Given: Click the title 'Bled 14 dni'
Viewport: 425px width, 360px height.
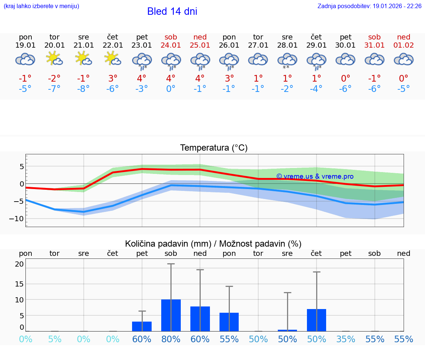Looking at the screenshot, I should coord(172,11).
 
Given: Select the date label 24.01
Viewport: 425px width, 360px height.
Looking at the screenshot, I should coord(171,45).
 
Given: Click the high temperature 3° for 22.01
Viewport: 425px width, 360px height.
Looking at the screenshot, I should coord(113,78).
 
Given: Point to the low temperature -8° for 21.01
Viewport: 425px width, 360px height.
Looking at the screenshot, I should coord(84,89).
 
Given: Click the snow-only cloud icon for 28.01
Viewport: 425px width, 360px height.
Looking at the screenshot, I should coord(287,60).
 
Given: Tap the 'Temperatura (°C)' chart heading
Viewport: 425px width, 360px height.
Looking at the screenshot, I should coord(214,148).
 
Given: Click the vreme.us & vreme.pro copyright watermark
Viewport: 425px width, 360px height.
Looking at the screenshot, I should coord(315,176).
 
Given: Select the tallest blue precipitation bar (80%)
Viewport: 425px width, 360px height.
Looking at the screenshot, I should coord(171,315).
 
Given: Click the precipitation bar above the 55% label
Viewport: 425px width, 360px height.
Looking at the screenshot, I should coord(229,322).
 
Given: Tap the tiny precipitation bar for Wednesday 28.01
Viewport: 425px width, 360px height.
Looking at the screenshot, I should coord(287,330).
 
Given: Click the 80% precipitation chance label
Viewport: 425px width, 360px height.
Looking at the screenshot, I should coord(171,339).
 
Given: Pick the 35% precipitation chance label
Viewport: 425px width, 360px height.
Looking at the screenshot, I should coord(346,339).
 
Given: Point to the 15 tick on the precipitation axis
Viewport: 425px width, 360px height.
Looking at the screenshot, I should coord(19,284).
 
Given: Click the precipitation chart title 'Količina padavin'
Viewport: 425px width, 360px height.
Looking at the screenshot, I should coord(168,244).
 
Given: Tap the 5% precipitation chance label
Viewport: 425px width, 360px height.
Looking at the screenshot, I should coord(55,339).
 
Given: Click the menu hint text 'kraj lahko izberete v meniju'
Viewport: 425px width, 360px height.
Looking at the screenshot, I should coord(41,6).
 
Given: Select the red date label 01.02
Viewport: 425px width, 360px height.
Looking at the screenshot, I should coord(404,45).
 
